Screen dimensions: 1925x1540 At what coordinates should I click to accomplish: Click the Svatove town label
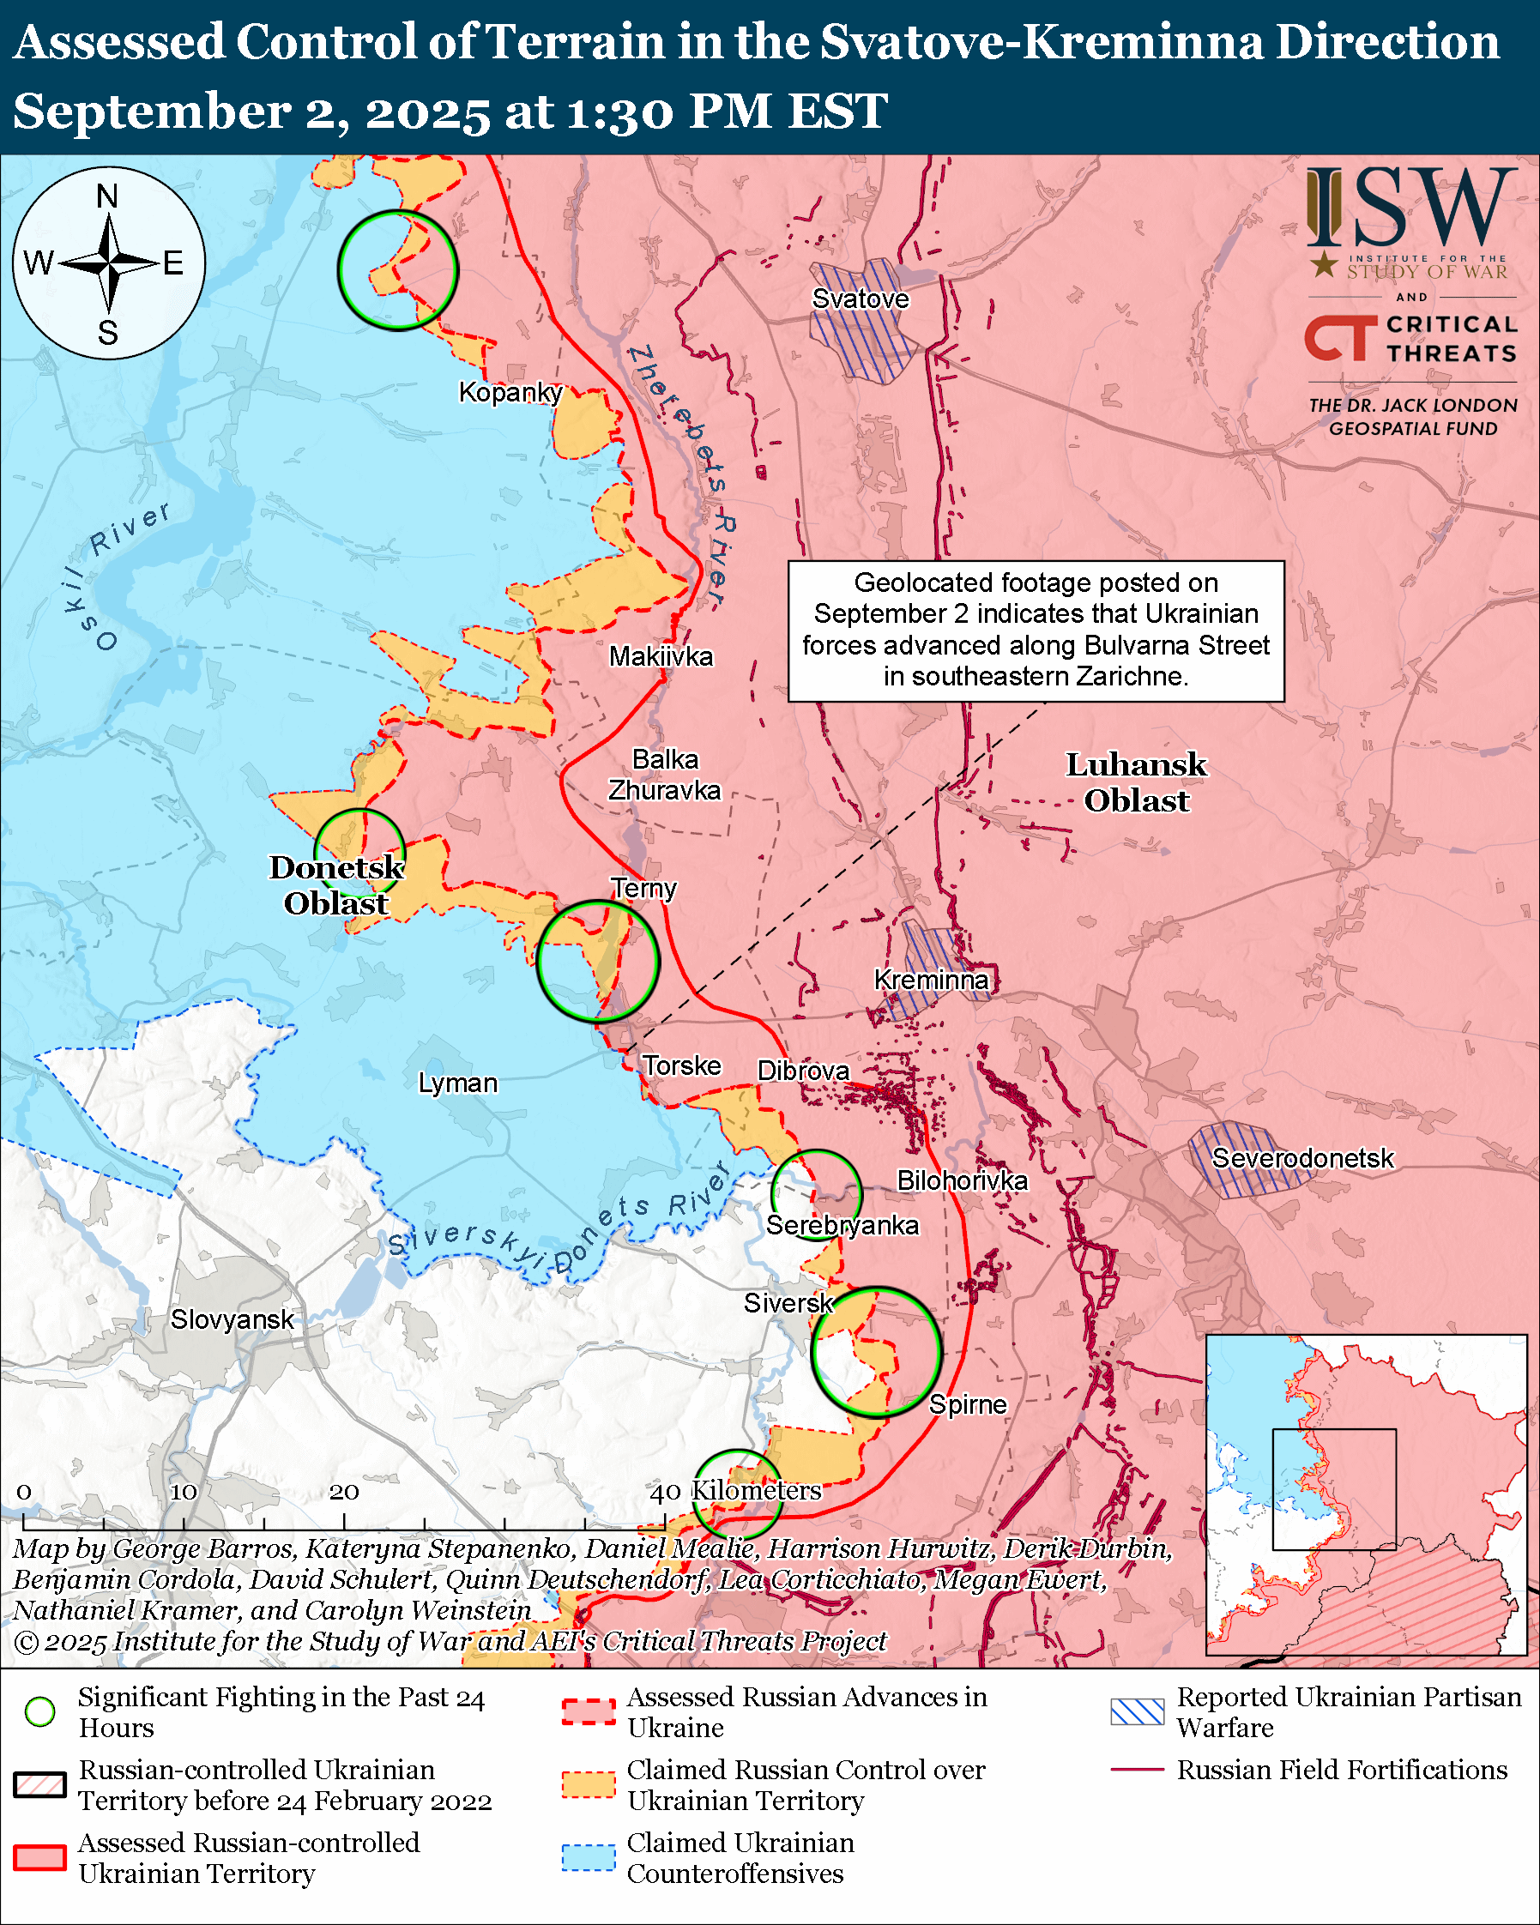click(860, 299)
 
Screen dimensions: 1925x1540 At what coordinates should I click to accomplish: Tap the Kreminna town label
click(930, 980)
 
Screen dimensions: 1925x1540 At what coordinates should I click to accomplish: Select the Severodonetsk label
click(1301, 1158)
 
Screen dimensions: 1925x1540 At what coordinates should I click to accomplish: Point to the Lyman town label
click(458, 1083)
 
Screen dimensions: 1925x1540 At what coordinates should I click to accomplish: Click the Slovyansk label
click(233, 1319)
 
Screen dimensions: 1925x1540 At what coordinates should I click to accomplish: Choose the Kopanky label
click(510, 392)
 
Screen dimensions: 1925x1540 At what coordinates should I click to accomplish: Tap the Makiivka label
click(661, 656)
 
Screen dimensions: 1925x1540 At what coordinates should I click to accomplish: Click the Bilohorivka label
click(962, 1180)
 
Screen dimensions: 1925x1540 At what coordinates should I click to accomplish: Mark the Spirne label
click(967, 1404)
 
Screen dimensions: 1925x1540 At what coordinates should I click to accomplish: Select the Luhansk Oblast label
click(1136, 782)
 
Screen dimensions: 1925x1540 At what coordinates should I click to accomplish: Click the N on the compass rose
click(107, 196)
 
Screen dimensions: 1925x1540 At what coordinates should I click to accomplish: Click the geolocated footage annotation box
click(1036, 630)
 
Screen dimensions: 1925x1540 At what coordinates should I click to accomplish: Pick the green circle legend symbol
click(40, 1711)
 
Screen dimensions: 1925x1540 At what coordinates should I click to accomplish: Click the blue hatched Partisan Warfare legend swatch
click(1137, 1711)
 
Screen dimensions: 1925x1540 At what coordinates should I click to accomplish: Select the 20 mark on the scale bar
click(344, 1492)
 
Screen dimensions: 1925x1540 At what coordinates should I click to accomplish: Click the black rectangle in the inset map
click(1333, 1488)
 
